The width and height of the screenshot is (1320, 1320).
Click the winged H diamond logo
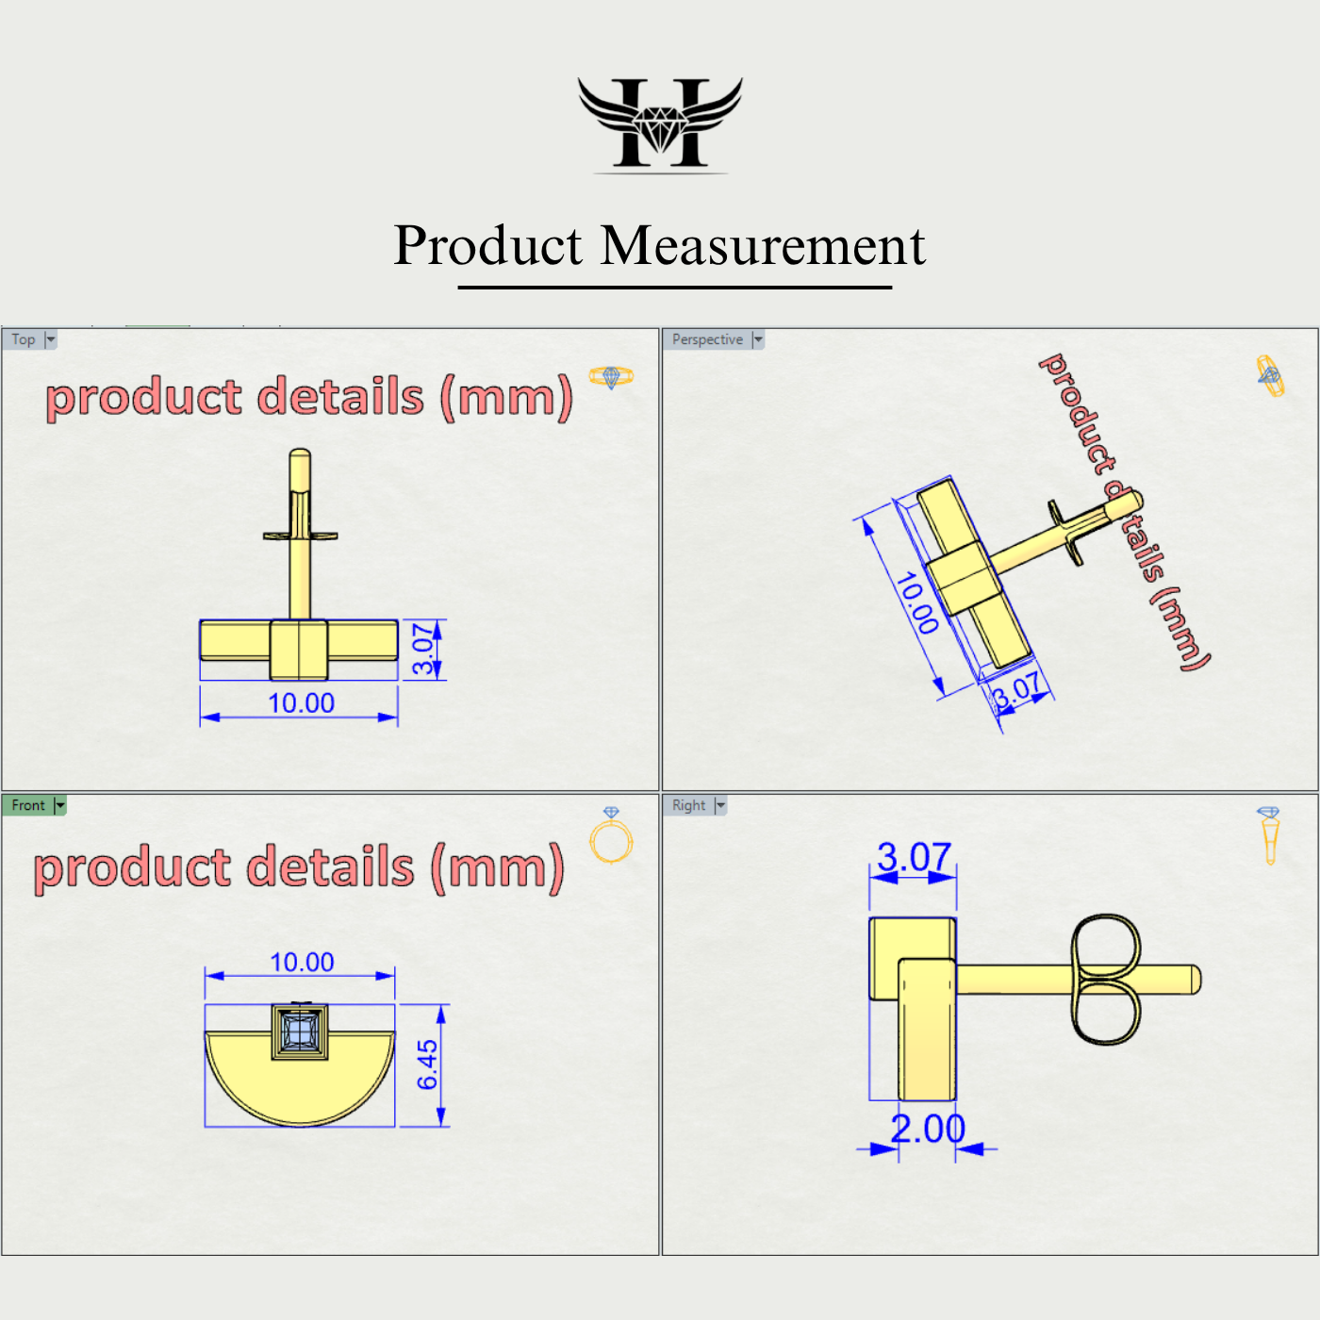(660, 124)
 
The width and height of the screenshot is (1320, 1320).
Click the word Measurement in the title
(763, 246)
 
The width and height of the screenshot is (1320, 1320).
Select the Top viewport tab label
(24, 339)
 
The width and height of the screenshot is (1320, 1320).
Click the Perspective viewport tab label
(707, 339)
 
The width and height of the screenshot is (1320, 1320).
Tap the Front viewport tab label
(28, 805)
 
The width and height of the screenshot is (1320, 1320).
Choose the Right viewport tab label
(688, 805)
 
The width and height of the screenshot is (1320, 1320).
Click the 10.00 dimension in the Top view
(301, 703)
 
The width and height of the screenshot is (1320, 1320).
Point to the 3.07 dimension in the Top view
(425, 649)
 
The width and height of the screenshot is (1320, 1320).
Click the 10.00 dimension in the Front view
(302, 962)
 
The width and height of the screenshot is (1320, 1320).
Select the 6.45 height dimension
(428, 1064)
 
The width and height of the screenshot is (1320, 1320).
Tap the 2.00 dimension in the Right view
(928, 1129)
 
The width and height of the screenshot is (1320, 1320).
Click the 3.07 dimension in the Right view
(914, 857)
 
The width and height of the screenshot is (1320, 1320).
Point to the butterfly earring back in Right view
(1106, 979)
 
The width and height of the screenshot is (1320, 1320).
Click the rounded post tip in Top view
(300, 456)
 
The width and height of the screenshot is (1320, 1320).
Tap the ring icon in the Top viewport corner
(611, 377)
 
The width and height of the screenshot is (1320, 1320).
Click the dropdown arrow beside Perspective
(758, 339)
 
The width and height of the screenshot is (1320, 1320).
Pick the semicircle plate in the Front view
(300, 1084)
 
